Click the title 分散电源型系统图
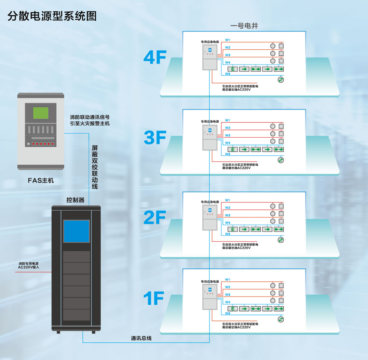coord(52,16)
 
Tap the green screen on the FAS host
coord(41,113)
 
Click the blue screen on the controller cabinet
coord(76,231)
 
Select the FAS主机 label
coord(41,180)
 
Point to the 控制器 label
coord(75,200)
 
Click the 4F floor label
coord(155,57)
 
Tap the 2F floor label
coord(155,217)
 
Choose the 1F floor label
coord(154,298)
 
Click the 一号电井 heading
coord(244,26)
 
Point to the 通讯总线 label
coord(141,338)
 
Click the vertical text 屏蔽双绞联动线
coord(95,167)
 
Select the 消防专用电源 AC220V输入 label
coord(28,265)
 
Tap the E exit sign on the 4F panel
coord(233,69)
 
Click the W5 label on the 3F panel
coord(228,154)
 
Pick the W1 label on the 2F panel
coord(227,200)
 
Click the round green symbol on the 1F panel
coord(281,319)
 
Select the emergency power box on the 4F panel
coord(210,58)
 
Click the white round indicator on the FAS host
coord(28,144)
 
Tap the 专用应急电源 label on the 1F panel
coord(210,281)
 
